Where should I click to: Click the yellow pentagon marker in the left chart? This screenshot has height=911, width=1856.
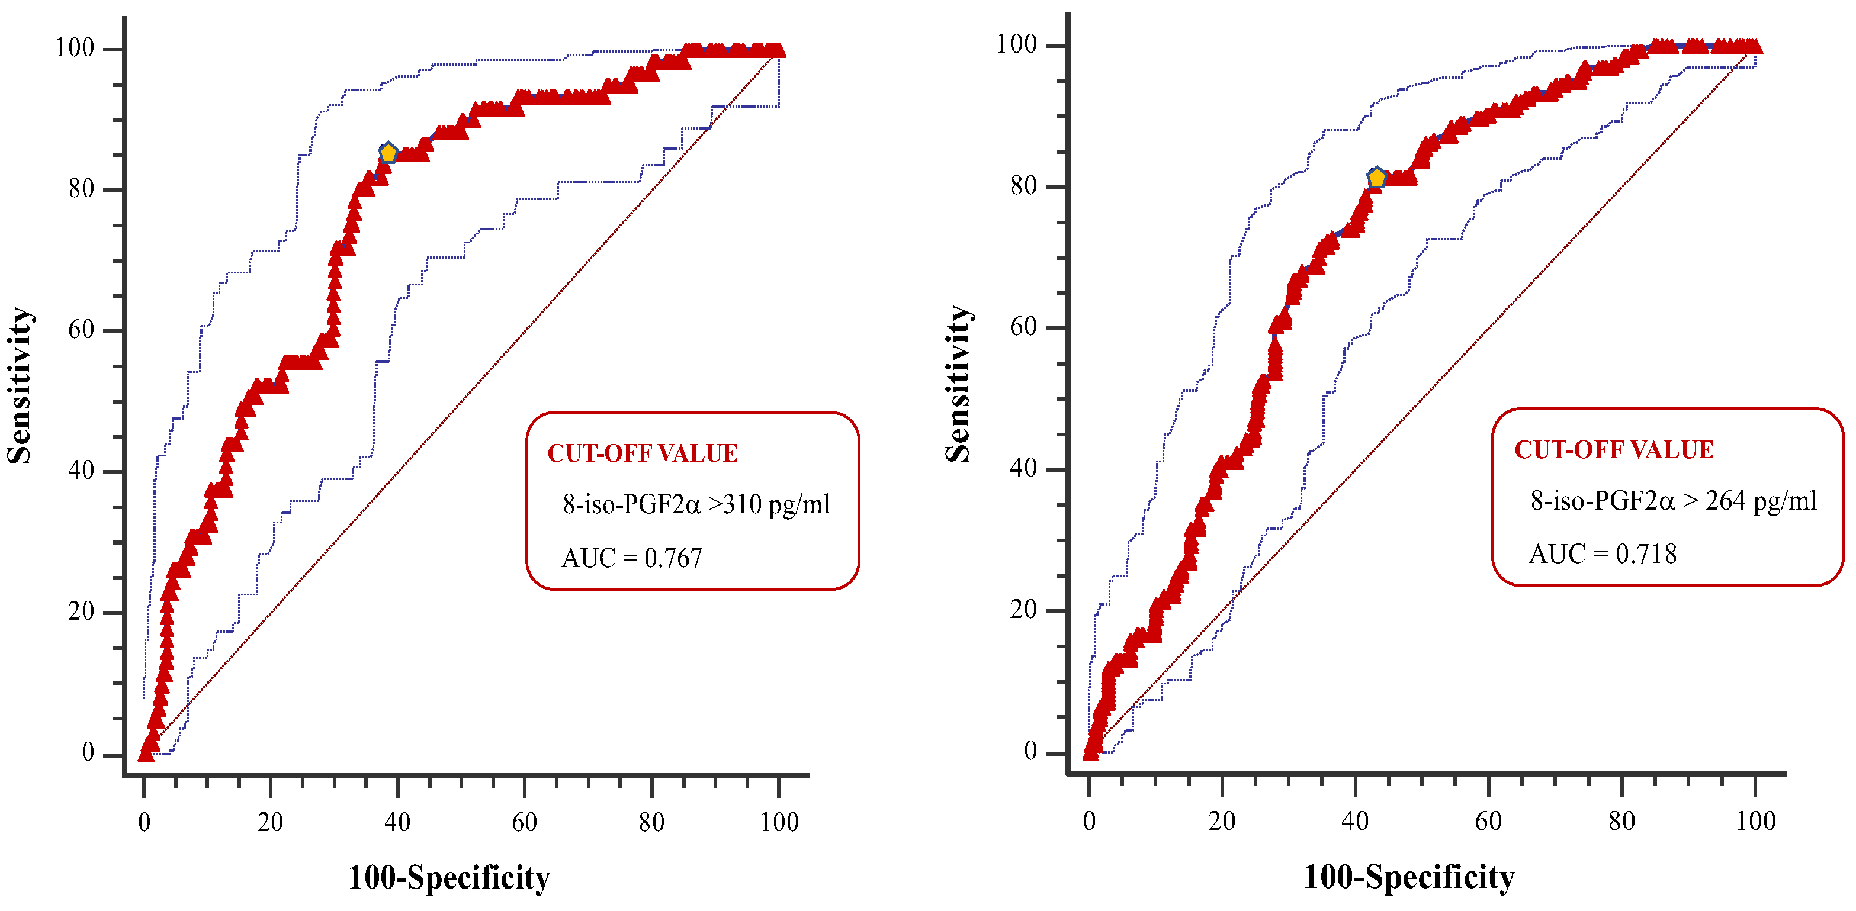(388, 153)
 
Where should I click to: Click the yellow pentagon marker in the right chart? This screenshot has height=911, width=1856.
(1376, 177)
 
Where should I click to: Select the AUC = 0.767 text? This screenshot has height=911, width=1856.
(631, 558)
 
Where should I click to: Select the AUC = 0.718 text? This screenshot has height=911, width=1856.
(1603, 554)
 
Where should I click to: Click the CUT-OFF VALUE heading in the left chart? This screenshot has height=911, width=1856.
(642, 453)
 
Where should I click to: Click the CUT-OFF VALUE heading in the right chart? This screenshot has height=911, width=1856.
(1613, 449)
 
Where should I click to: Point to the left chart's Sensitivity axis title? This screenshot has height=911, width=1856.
(20, 385)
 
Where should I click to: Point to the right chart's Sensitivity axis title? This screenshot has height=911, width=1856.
(958, 383)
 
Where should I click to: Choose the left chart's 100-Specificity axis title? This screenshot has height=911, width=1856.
(449, 878)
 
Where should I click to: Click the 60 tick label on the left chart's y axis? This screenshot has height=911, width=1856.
(81, 330)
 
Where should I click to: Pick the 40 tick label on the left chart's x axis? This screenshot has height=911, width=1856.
(397, 822)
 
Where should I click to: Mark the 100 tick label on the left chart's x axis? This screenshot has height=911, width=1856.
(779, 822)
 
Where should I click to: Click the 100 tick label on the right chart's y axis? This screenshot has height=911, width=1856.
(1016, 44)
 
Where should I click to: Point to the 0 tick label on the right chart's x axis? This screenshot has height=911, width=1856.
(1088, 820)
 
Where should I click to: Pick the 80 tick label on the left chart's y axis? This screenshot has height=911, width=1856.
(81, 189)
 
